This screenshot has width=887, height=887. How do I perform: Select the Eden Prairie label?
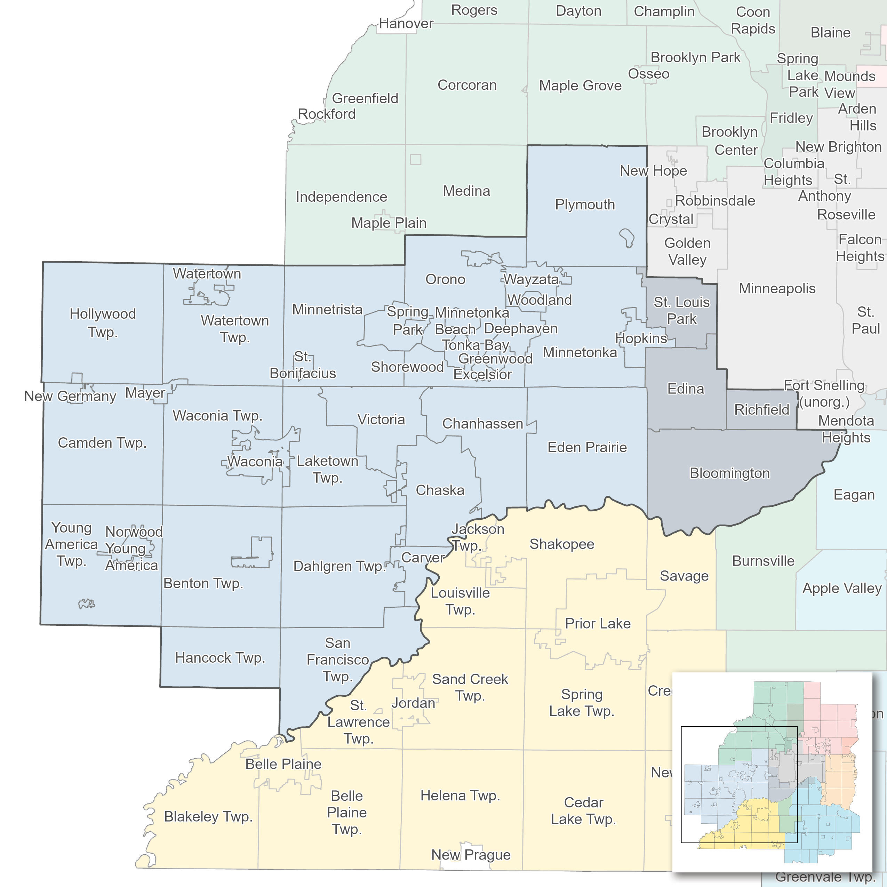(587, 447)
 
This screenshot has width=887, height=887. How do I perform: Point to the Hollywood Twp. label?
(103, 323)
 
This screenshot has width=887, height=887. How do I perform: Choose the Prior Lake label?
(598, 623)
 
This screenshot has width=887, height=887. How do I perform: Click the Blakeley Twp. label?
(208, 817)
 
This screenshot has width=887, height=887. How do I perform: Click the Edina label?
(686, 389)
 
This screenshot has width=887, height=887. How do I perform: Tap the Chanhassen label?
(482, 423)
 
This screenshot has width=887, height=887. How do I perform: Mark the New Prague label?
(471, 855)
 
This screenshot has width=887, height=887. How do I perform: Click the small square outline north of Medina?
(415, 159)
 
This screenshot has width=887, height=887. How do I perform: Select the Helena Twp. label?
(460, 796)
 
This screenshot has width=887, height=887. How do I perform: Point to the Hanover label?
(406, 23)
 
